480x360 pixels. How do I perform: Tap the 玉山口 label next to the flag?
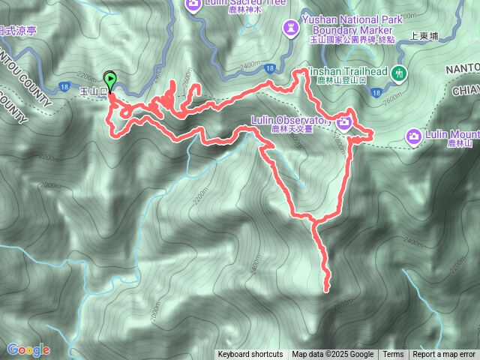pyautogui.click(x=92, y=91)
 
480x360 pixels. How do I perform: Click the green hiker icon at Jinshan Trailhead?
pyautogui.click(x=398, y=73)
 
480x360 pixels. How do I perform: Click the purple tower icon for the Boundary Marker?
pyautogui.click(x=289, y=28)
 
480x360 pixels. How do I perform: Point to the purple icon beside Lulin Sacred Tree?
pyautogui.click(x=193, y=5)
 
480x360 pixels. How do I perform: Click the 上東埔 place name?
pyautogui.click(x=424, y=35)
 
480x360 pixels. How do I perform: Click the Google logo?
pyautogui.click(x=28, y=349)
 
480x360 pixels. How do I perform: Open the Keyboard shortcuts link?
pyautogui.click(x=250, y=355)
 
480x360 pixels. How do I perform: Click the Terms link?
pyautogui.click(x=393, y=355)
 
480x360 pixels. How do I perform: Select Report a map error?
pyautogui.click(x=444, y=355)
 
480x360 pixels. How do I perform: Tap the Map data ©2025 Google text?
pyautogui.click(x=332, y=355)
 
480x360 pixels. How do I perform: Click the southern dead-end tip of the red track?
pyautogui.click(x=326, y=289)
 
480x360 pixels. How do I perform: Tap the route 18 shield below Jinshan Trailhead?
pyautogui.click(x=375, y=91)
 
